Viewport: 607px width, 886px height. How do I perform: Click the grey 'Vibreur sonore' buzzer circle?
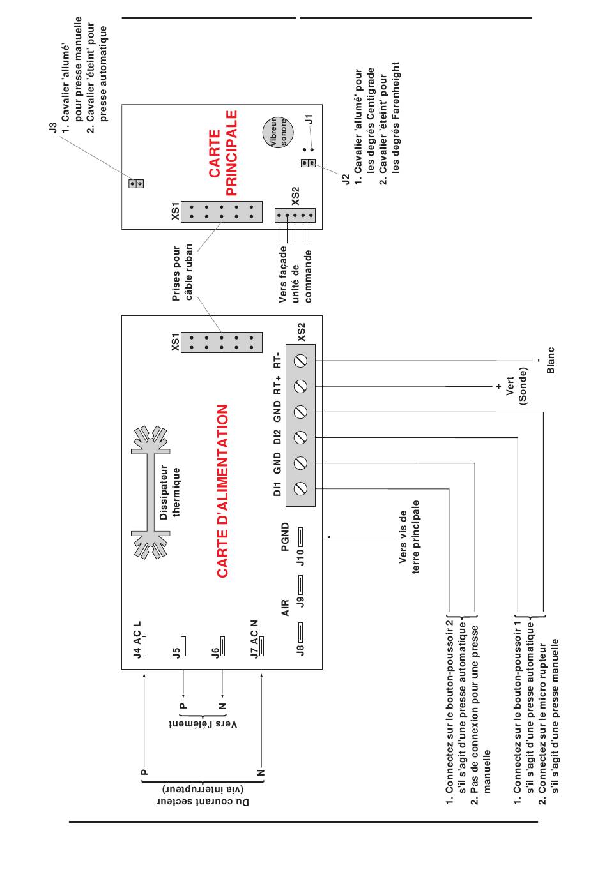[279, 132]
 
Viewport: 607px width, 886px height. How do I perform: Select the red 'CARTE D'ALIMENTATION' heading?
[222, 491]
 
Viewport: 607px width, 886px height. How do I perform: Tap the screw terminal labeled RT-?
[300, 361]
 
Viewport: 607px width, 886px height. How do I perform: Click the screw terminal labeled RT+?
[300, 386]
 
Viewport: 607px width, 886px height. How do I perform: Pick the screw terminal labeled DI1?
[300, 488]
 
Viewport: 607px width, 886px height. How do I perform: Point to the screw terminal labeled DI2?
[300, 437]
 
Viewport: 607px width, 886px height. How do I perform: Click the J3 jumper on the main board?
[136, 184]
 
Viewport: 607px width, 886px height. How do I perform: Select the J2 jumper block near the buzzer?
[308, 163]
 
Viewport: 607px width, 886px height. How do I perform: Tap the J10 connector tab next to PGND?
[300, 537]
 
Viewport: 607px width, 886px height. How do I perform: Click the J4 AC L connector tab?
[144, 646]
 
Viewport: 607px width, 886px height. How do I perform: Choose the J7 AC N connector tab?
[261, 646]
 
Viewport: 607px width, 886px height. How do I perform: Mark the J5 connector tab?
[183, 646]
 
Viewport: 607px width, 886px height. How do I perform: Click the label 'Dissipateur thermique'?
[169, 492]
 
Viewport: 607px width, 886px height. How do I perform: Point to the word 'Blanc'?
[550, 360]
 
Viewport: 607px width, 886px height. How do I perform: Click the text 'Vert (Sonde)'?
[516, 386]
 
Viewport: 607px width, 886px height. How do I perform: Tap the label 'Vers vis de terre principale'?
[409, 537]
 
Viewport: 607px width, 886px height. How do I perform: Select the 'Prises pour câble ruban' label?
[182, 272]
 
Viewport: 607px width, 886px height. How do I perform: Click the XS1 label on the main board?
[175, 211]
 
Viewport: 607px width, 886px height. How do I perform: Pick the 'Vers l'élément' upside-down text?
[203, 725]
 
